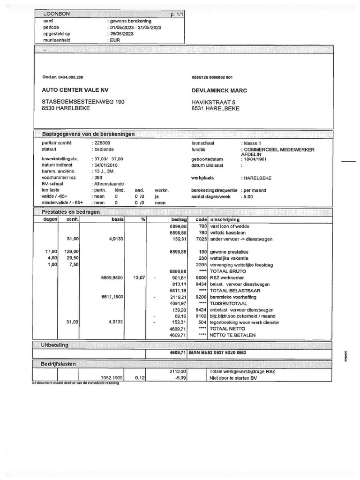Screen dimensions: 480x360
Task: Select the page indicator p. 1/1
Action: (x=178, y=15)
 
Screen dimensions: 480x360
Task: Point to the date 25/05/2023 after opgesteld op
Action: (x=122, y=34)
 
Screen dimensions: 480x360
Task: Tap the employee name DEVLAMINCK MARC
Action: (x=219, y=90)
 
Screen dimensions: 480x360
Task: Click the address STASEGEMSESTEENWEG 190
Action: (x=83, y=102)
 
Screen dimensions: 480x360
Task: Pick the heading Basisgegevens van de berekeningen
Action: (x=88, y=134)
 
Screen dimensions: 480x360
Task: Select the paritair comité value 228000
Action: (x=102, y=142)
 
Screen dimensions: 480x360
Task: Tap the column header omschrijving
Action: (x=225, y=219)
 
